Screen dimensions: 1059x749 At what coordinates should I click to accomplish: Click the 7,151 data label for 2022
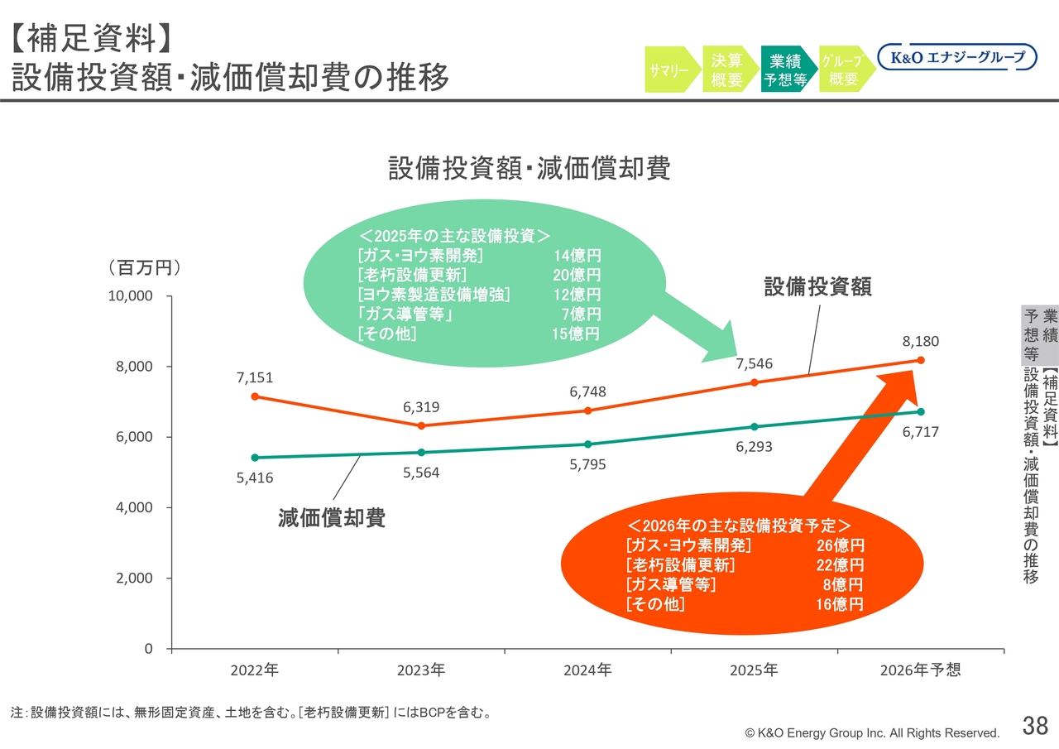coord(255,377)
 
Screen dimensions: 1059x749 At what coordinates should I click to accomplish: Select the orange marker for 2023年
coord(421,425)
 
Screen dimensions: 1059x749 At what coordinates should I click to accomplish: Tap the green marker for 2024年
coord(587,444)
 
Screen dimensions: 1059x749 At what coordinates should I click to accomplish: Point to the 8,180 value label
coord(921,341)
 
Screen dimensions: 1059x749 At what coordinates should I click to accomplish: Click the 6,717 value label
coord(921,432)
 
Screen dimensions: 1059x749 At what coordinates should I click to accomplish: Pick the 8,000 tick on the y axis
coord(134,366)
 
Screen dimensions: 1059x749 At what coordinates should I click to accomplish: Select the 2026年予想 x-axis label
coord(921,670)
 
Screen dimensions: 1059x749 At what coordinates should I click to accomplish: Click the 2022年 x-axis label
coord(255,670)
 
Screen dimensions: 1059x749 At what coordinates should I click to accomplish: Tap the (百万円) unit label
coord(145,267)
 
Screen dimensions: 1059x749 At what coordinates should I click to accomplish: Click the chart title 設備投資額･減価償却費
coord(529,168)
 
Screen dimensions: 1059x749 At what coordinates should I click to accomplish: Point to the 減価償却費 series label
coord(332,517)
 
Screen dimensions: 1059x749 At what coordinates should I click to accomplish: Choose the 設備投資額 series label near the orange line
coord(817,286)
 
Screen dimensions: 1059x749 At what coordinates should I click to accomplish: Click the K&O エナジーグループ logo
coord(957,57)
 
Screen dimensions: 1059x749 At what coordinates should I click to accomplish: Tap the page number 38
coord(1035,725)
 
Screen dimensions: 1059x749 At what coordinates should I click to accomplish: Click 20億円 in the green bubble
coord(577,275)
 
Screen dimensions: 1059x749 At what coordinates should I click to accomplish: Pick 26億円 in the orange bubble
coord(840,545)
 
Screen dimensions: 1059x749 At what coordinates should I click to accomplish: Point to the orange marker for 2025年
coord(754,382)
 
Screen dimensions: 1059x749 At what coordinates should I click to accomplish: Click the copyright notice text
coord(872,733)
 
